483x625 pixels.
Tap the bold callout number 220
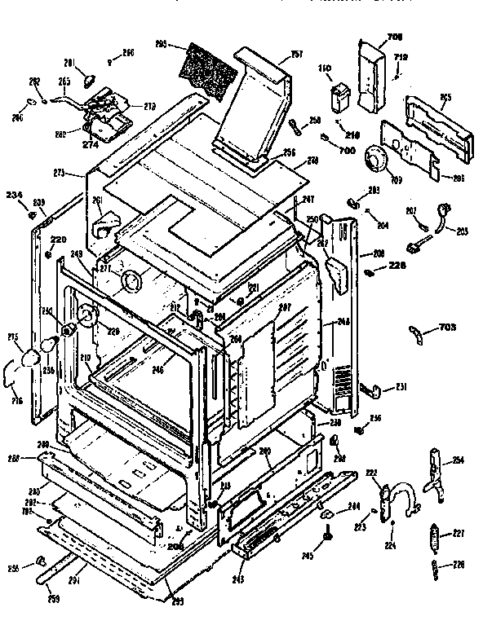(59, 240)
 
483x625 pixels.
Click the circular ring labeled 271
(128, 283)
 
